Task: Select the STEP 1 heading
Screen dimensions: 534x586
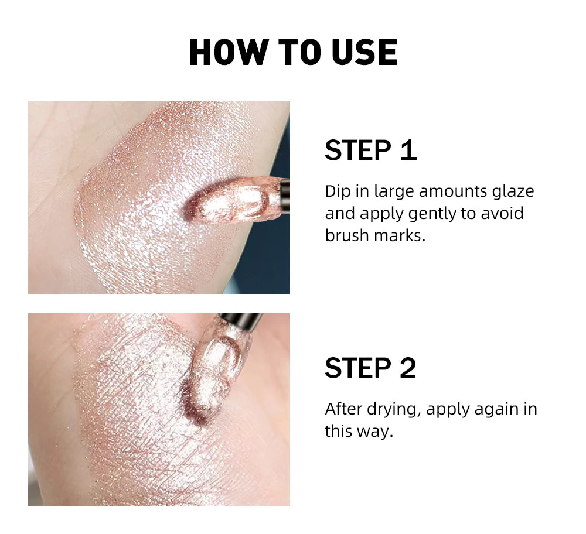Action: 370,150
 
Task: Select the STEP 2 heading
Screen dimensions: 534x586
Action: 370,368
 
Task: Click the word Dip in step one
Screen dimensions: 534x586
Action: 338,191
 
